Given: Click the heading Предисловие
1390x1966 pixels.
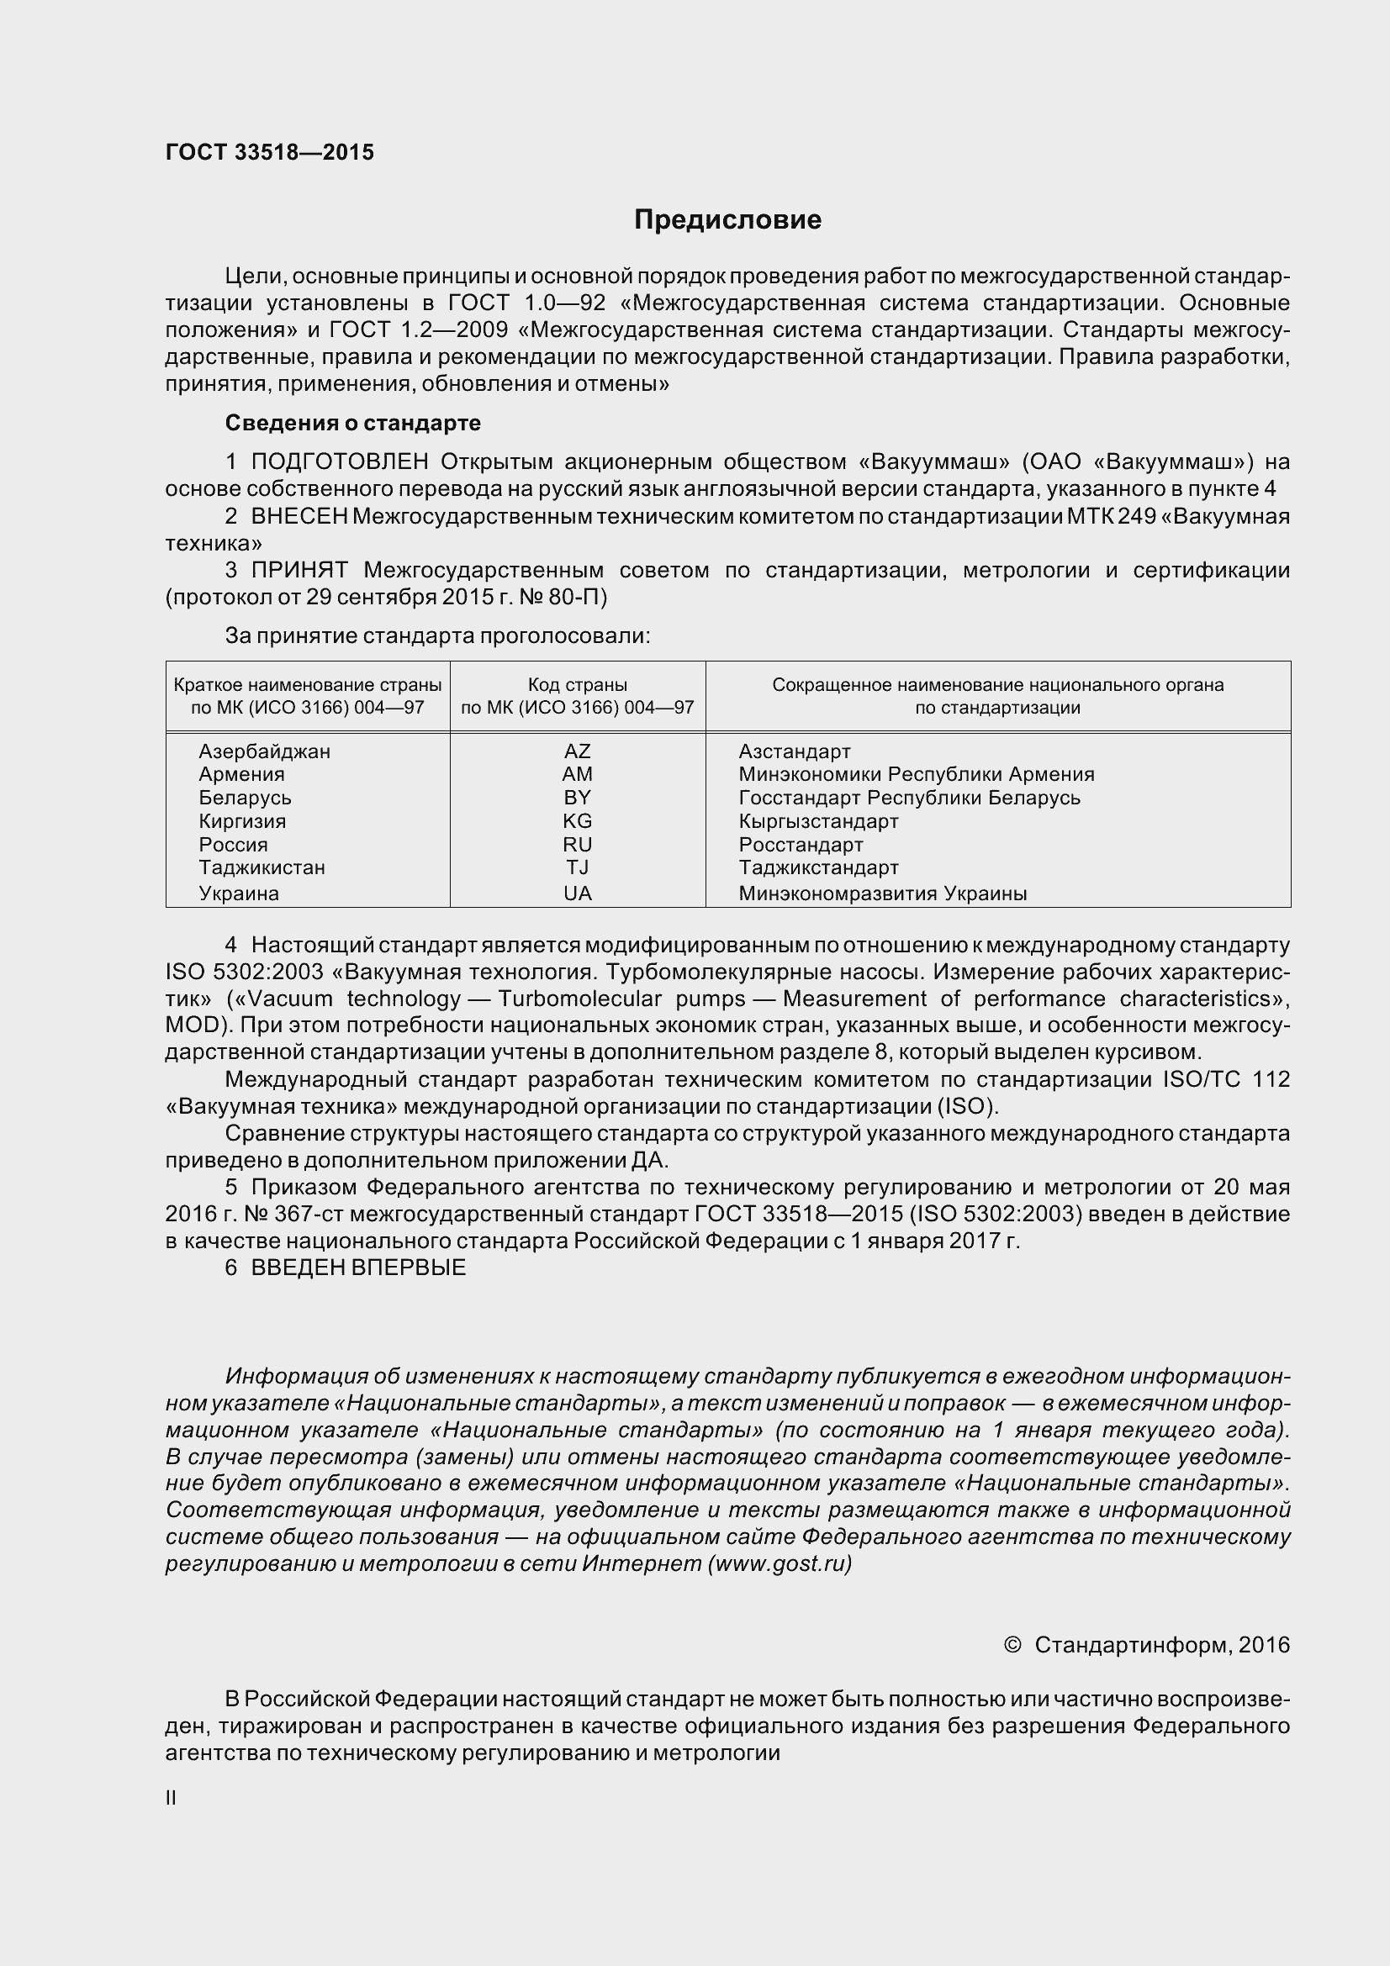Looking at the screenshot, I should (727, 220).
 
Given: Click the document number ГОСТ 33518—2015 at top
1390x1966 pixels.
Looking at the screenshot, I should (270, 152).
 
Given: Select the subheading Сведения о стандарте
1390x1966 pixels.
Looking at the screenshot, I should (353, 423).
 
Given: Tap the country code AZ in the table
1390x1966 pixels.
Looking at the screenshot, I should (577, 751).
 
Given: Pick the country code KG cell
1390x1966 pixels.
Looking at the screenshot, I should (577, 821).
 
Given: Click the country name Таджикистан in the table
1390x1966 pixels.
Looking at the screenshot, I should (262, 867).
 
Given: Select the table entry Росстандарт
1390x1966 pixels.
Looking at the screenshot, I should (801, 845).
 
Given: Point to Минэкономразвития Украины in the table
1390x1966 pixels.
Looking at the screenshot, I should (883, 893).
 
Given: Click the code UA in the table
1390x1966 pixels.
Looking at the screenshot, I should (577, 893).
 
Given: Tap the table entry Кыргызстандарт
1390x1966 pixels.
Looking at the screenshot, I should (818, 821).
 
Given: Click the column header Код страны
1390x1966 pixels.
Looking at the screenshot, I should (577, 685).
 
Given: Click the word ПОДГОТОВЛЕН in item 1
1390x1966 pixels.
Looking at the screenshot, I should (339, 462).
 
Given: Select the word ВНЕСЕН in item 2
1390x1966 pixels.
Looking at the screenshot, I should (299, 516).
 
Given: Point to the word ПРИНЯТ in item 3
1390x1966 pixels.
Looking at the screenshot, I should (299, 570).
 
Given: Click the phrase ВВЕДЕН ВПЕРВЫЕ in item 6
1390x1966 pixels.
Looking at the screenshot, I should (358, 1268).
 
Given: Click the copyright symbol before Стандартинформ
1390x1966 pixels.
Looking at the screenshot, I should (1012, 1645).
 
